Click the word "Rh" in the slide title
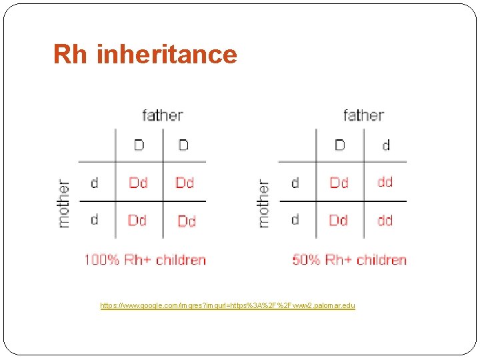click(x=71, y=55)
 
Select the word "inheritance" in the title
click(x=167, y=55)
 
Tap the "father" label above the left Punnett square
click(x=162, y=115)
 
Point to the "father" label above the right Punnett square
click(x=363, y=115)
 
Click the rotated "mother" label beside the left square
click(x=64, y=203)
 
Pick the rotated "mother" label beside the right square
click(x=264, y=203)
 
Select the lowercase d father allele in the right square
click(x=386, y=145)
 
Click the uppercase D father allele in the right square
click(x=340, y=145)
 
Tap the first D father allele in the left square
click(x=139, y=145)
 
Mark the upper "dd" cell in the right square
click(x=385, y=182)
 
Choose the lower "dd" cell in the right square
click(x=385, y=220)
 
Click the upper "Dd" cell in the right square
click(x=339, y=182)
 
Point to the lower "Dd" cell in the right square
click(x=339, y=220)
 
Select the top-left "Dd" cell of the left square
click(x=138, y=182)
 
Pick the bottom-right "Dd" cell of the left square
click(x=187, y=221)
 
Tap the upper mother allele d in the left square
click(x=94, y=182)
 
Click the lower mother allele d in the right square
click(x=295, y=219)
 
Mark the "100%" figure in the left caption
click(x=101, y=259)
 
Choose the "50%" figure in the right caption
click(x=306, y=259)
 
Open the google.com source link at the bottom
click(x=227, y=305)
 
